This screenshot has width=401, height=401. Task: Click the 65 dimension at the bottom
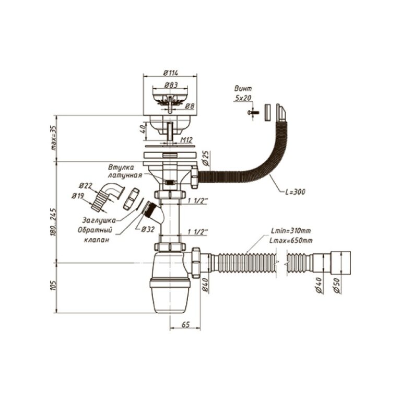(185, 324)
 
